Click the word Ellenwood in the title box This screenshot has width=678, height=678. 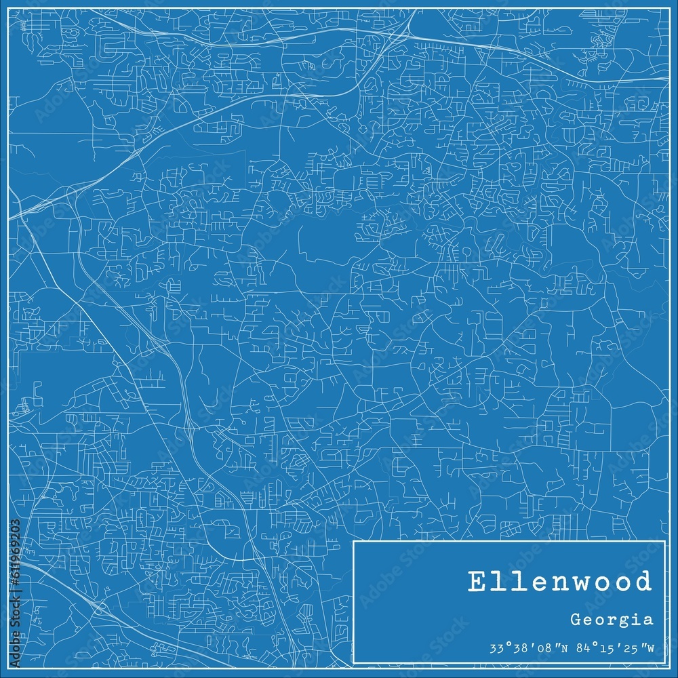(559, 582)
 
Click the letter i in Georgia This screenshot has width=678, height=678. (639, 618)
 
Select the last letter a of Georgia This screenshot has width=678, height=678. (650, 620)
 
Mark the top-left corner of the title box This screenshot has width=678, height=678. (353, 542)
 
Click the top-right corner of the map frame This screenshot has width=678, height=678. (669, 8)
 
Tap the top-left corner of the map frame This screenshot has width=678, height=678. (8, 8)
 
